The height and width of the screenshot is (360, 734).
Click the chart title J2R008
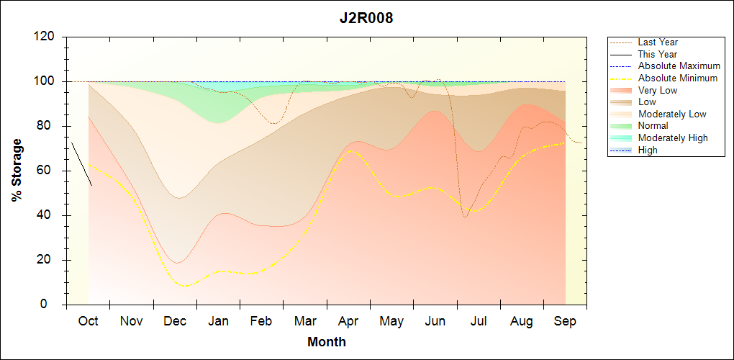(366, 18)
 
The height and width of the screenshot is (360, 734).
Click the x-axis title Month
(326, 342)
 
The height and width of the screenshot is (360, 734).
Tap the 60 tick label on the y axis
(48, 171)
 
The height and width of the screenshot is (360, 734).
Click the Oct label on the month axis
(88, 321)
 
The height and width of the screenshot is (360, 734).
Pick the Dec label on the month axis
(175, 321)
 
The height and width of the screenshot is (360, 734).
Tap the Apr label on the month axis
(348, 321)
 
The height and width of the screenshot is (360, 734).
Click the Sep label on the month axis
(565, 321)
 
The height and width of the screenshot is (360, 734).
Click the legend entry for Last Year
(657, 42)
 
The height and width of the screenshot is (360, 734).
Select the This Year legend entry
(657, 54)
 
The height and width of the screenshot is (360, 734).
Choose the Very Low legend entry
(657, 90)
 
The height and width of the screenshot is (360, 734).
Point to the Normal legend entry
(653, 126)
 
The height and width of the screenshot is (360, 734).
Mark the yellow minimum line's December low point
(186, 286)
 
